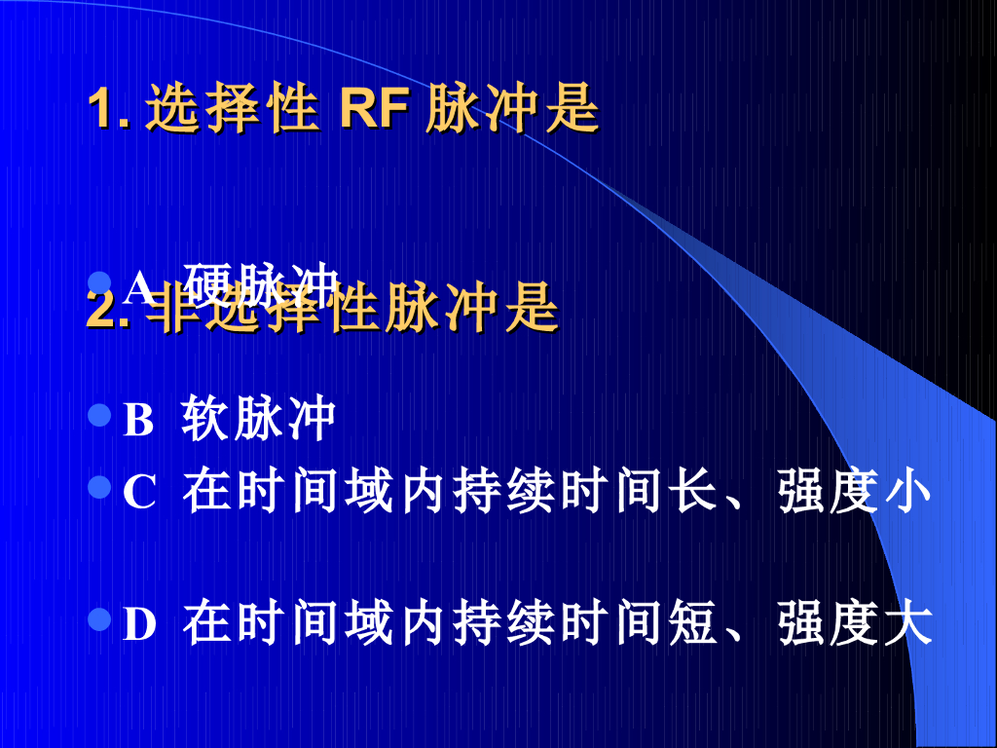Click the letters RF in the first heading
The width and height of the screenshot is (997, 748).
pos(373,111)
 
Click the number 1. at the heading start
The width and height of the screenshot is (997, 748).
pos(108,111)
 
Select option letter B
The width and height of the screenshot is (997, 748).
pos(138,421)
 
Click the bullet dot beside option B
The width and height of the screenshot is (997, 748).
pos(98,417)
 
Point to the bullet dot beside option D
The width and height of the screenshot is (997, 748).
pos(98,619)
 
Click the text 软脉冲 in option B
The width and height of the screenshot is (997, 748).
pos(259,420)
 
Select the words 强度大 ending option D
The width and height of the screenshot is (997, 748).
pos(856,624)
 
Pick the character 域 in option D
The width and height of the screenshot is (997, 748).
pos(370,624)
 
